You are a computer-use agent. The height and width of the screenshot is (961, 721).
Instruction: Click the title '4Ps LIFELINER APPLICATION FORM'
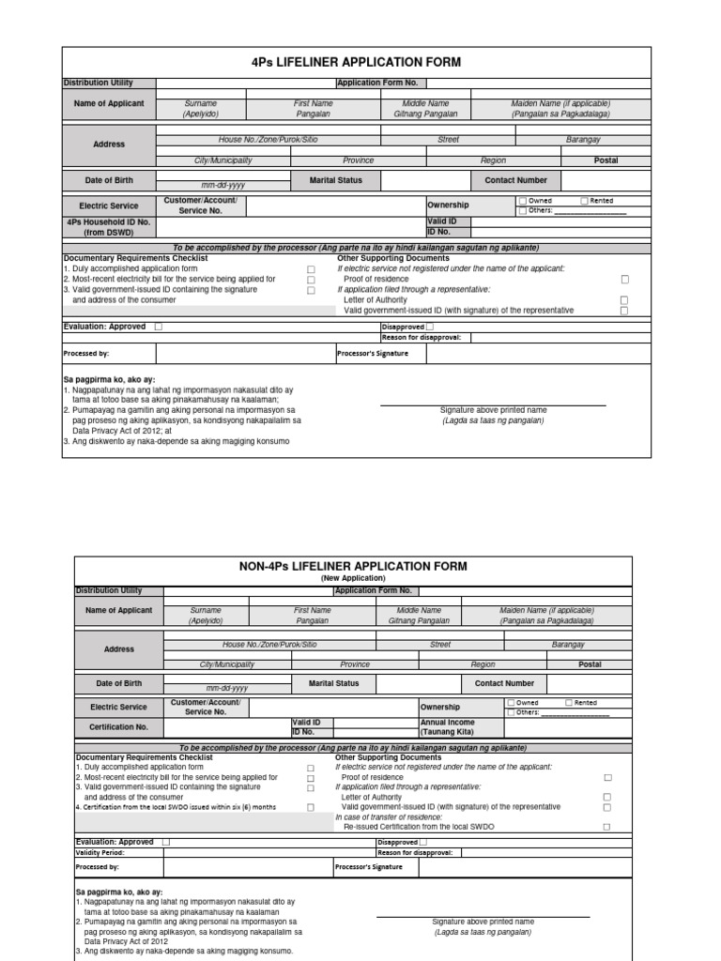[x=356, y=63]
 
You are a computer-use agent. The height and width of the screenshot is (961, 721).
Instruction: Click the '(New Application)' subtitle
[x=353, y=578]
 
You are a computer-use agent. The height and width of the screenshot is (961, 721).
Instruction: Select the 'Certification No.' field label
[x=118, y=726]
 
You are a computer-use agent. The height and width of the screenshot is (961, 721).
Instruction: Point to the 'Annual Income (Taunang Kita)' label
[x=448, y=726]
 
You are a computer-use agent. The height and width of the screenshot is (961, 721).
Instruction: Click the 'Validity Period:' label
[x=100, y=853]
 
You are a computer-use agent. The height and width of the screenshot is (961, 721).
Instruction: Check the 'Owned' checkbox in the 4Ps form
[x=523, y=201]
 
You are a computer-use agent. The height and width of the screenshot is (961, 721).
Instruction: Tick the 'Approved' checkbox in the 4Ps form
[x=158, y=327]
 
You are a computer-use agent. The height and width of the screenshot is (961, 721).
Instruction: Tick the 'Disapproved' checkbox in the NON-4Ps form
[x=423, y=843]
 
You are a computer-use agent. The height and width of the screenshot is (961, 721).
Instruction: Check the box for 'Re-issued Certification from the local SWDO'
[x=607, y=827]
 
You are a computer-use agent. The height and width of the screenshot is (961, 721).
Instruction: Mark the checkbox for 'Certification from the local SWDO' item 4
[x=310, y=807]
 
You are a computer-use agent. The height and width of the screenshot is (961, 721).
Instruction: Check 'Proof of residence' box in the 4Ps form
[x=624, y=280]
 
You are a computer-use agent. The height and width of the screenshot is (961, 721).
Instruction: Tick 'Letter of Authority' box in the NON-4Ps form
[x=607, y=797]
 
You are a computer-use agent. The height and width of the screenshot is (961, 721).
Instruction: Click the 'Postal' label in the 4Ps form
[x=606, y=160]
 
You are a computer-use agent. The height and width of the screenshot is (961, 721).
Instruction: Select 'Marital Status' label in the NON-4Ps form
[x=333, y=683]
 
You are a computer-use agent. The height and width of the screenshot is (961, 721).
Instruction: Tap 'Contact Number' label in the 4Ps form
[x=515, y=180]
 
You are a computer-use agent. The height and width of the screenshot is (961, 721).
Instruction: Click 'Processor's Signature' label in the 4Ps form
[x=372, y=354]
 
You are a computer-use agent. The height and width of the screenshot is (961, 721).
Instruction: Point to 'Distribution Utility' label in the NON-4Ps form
[x=109, y=590]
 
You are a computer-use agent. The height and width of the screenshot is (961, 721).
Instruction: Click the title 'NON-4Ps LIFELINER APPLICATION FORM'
[x=353, y=566]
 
